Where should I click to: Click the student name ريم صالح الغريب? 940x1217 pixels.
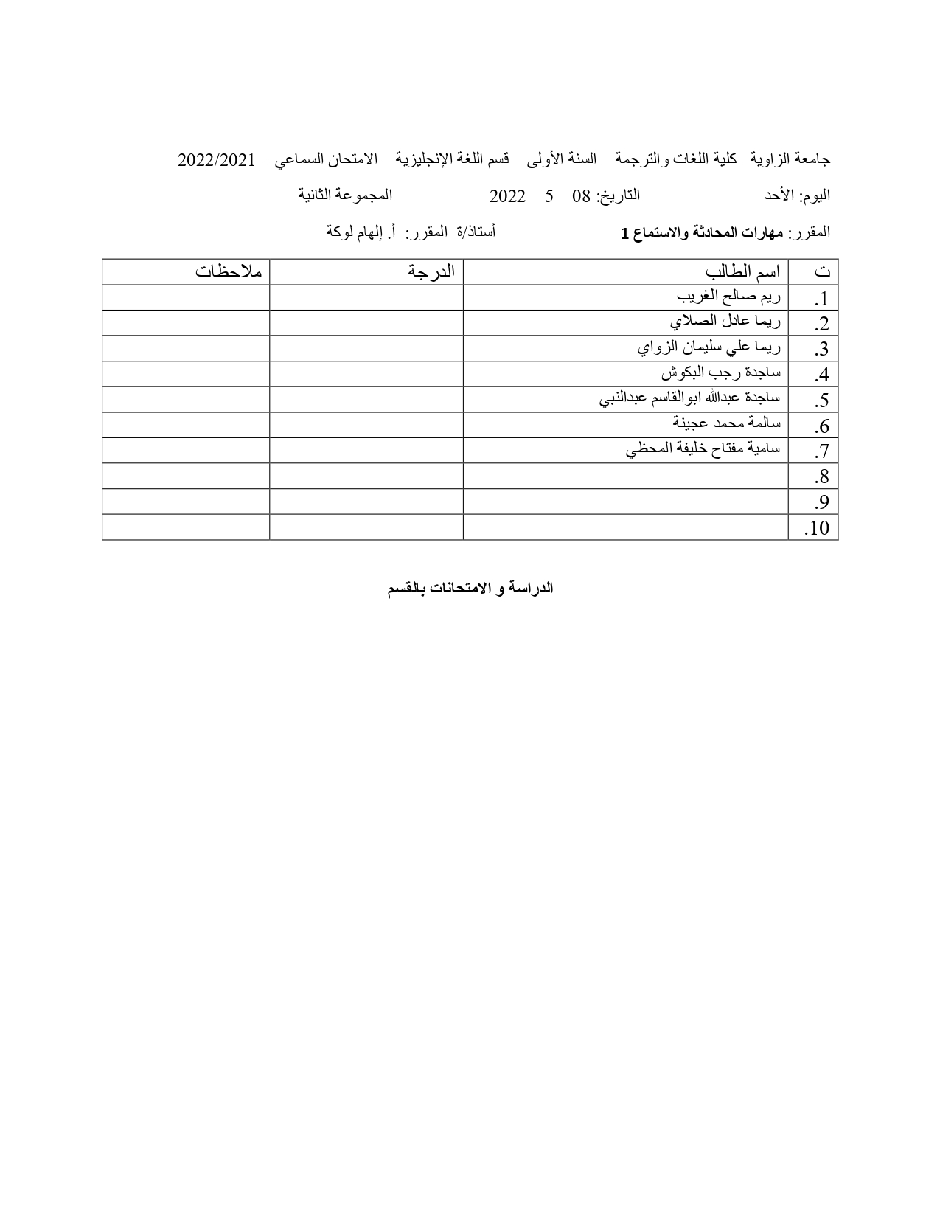(728, 297)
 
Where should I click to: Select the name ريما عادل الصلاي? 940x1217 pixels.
(725, 322)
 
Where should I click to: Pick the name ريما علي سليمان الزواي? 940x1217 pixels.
(709, 347)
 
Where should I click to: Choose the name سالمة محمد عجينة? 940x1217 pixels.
(726, 423)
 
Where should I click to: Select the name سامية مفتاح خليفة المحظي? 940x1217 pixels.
(703, 448)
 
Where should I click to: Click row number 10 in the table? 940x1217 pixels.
(818, 528)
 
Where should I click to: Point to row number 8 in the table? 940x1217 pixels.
(821, 477)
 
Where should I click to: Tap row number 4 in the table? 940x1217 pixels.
(821, 375)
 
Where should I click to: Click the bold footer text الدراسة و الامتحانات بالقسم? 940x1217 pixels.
(470, 589)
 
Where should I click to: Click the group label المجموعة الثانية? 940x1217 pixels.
(345, 195)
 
